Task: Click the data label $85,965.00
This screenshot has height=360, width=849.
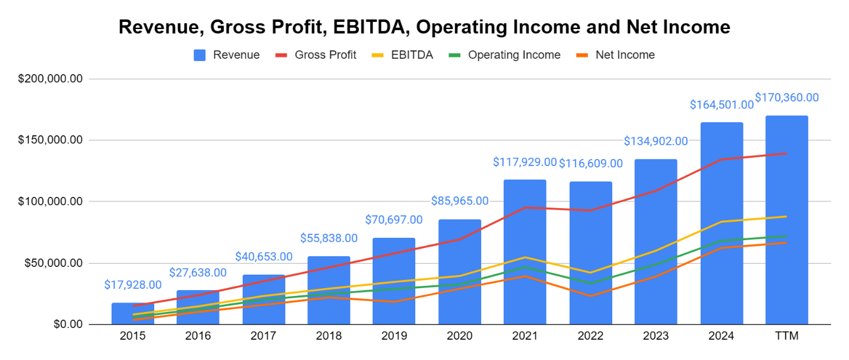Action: (460, 201)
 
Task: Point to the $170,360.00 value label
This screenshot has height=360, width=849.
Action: (787, 97)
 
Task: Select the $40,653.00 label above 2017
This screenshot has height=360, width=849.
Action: (263, 257)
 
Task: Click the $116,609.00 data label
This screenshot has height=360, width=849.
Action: (591, 163)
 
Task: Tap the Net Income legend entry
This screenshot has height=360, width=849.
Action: (625, 55)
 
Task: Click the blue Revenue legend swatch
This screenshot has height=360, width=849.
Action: (200, 55)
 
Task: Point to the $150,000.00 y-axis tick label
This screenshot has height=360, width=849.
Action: (50, 141)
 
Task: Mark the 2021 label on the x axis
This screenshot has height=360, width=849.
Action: (525, 336)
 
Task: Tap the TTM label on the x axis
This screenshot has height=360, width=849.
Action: (787, 336)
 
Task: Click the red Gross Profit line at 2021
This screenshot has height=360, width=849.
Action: (525, 208)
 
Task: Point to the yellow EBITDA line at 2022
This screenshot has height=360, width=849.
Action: (590, 273)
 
